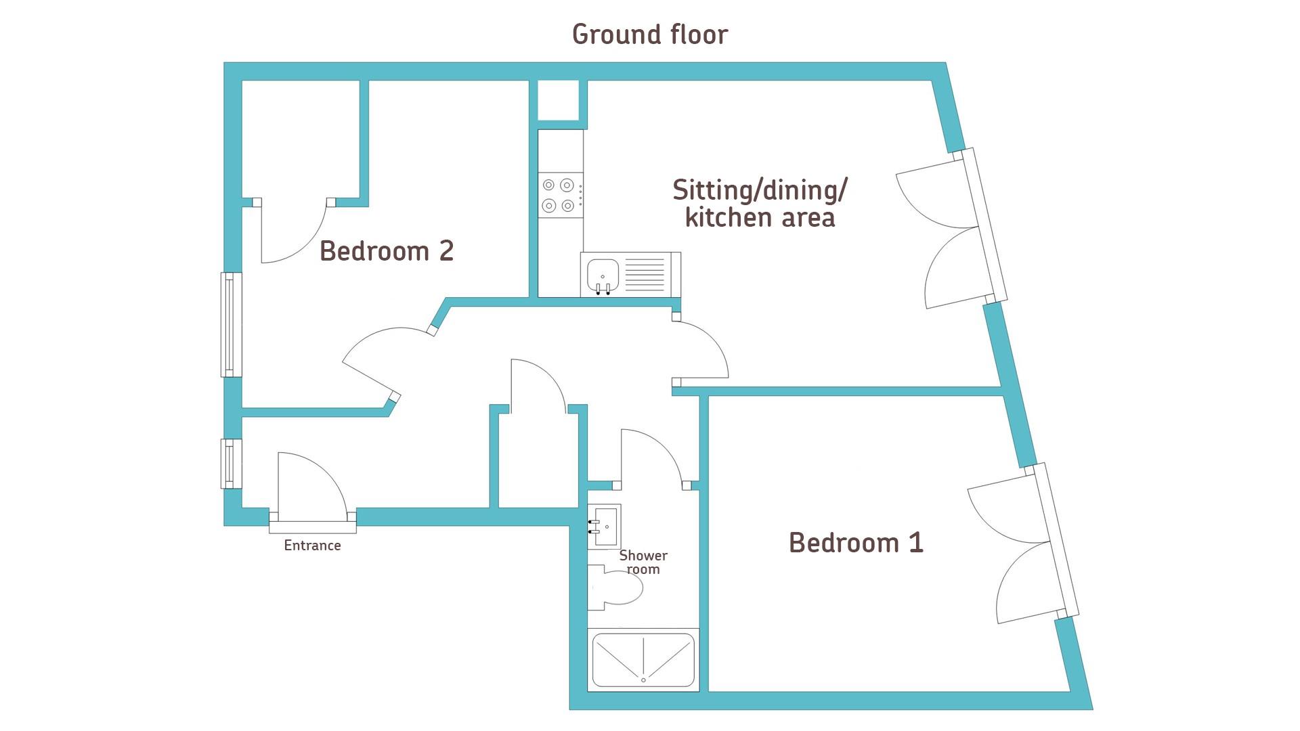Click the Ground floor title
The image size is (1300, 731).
pyautogui.click(x=650, y=35)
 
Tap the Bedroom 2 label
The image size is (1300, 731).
pyautogui.click(x=387, y=251)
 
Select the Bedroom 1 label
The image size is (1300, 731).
pyautogui.click(x=856, y=542)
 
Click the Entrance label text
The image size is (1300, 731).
pyautogui.click(x=312, y=546)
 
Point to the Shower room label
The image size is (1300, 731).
pyautogui.click(x=643, y=562)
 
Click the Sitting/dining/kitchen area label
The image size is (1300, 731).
pyautogui.click(x=760, y=204)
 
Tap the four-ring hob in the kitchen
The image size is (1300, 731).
pyautogui.click(x=559, y=195)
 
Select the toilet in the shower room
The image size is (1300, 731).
pyautogui.click(x=615, y=588)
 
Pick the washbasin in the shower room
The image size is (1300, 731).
pyautogui.click(x=604, y=526)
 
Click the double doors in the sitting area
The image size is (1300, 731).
pyautogui.click(x=952, y=227)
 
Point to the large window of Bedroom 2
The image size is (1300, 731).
pyautogui.click(x=232, y=324)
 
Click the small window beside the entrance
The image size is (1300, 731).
pyautogui.click(x=231, y=464)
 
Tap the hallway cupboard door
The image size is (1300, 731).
pyautogui.click(x=536, y=386)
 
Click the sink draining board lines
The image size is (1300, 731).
pyautogui.click(x=645, y=275)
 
